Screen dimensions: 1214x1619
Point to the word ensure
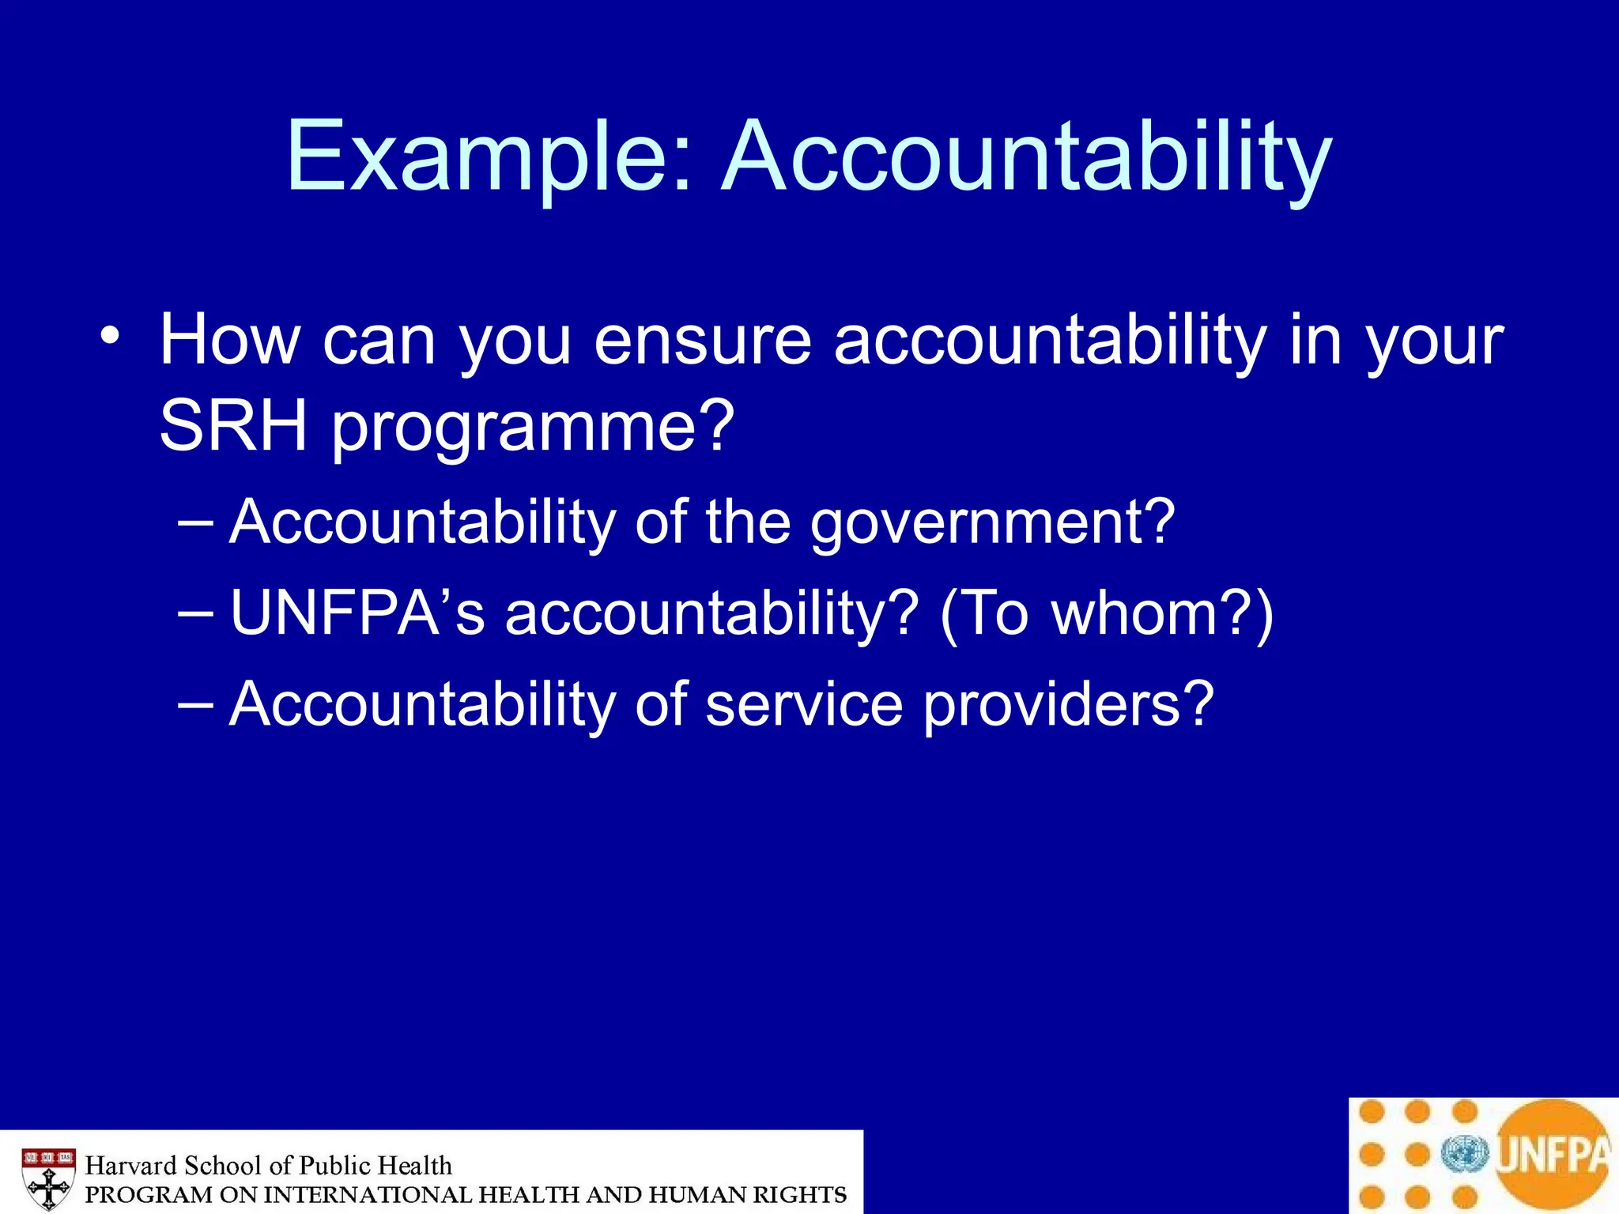click(x=702, y=341)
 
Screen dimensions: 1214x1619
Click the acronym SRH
click(x=233, y=427)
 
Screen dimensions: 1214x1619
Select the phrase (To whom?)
click(x=1107, y=615)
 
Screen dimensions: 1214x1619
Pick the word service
click(x=803, y=704)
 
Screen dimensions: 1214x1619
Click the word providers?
click(x=1068, y=706)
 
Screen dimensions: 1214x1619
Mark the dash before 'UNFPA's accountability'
click(x=195, y=613)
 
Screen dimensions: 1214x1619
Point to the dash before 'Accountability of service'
click(x=195, y=704)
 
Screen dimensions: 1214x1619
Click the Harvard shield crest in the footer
click(x=48, y=1178)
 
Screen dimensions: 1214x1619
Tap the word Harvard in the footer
click(x=130, y=1165)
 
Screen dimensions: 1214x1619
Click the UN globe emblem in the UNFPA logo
click(x=1464, y=1154)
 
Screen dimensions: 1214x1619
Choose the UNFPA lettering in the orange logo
click(x=1553, y=1154)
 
